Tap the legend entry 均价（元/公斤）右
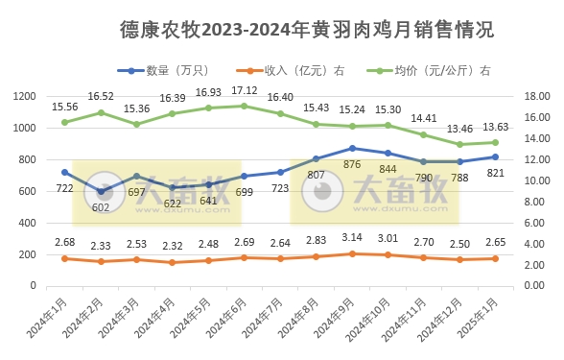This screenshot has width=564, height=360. pyautogui.click(x=440, y=70)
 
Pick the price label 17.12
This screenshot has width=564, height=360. pyautogui.click(x=245, y=90)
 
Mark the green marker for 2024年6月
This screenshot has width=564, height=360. pyautogui.click(x=245, y=106)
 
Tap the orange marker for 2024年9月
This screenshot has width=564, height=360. pyautogui.click(x=352, y=253)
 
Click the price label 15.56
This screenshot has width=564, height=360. pyautogui.click(x=65, y=107)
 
